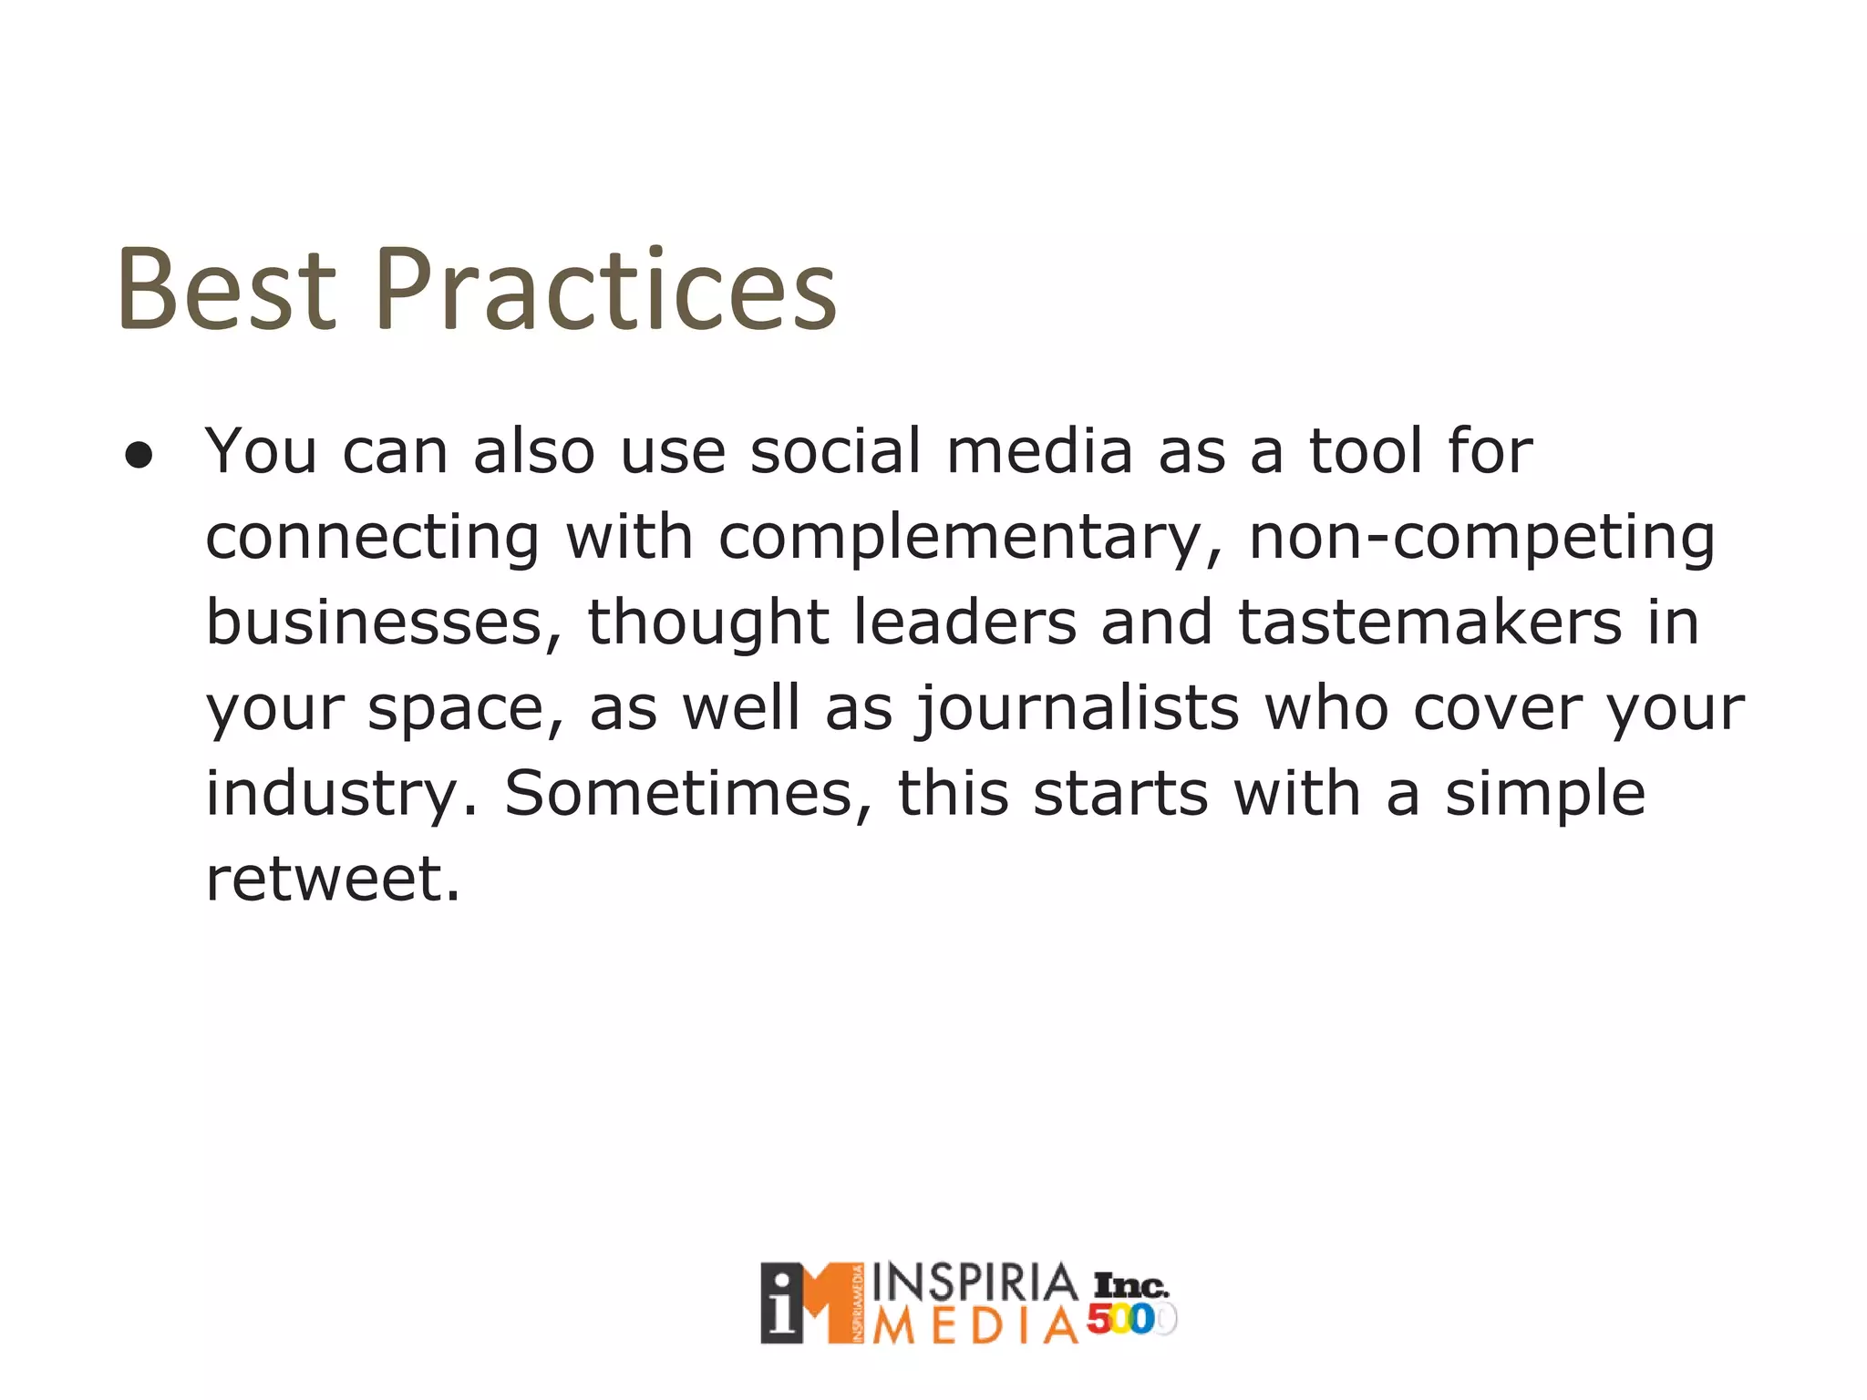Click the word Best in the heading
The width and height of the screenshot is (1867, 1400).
226,290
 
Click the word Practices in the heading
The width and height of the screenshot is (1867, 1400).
605,290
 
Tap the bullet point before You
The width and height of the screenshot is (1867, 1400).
139,456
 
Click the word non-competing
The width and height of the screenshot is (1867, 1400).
1481,538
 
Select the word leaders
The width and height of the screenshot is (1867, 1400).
964,623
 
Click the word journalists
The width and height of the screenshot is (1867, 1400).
1078,709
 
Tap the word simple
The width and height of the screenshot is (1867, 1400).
1544,795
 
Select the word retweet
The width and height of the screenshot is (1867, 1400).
333,879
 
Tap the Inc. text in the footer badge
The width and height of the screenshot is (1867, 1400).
1130,1285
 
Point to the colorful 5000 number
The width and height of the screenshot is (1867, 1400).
1129,1319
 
